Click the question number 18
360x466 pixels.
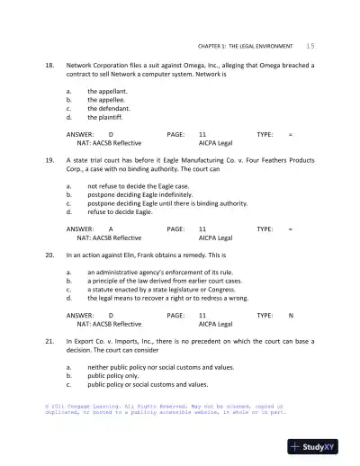[49, 66]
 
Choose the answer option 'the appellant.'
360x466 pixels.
[107, 92]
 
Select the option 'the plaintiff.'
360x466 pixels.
[106, 117]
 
